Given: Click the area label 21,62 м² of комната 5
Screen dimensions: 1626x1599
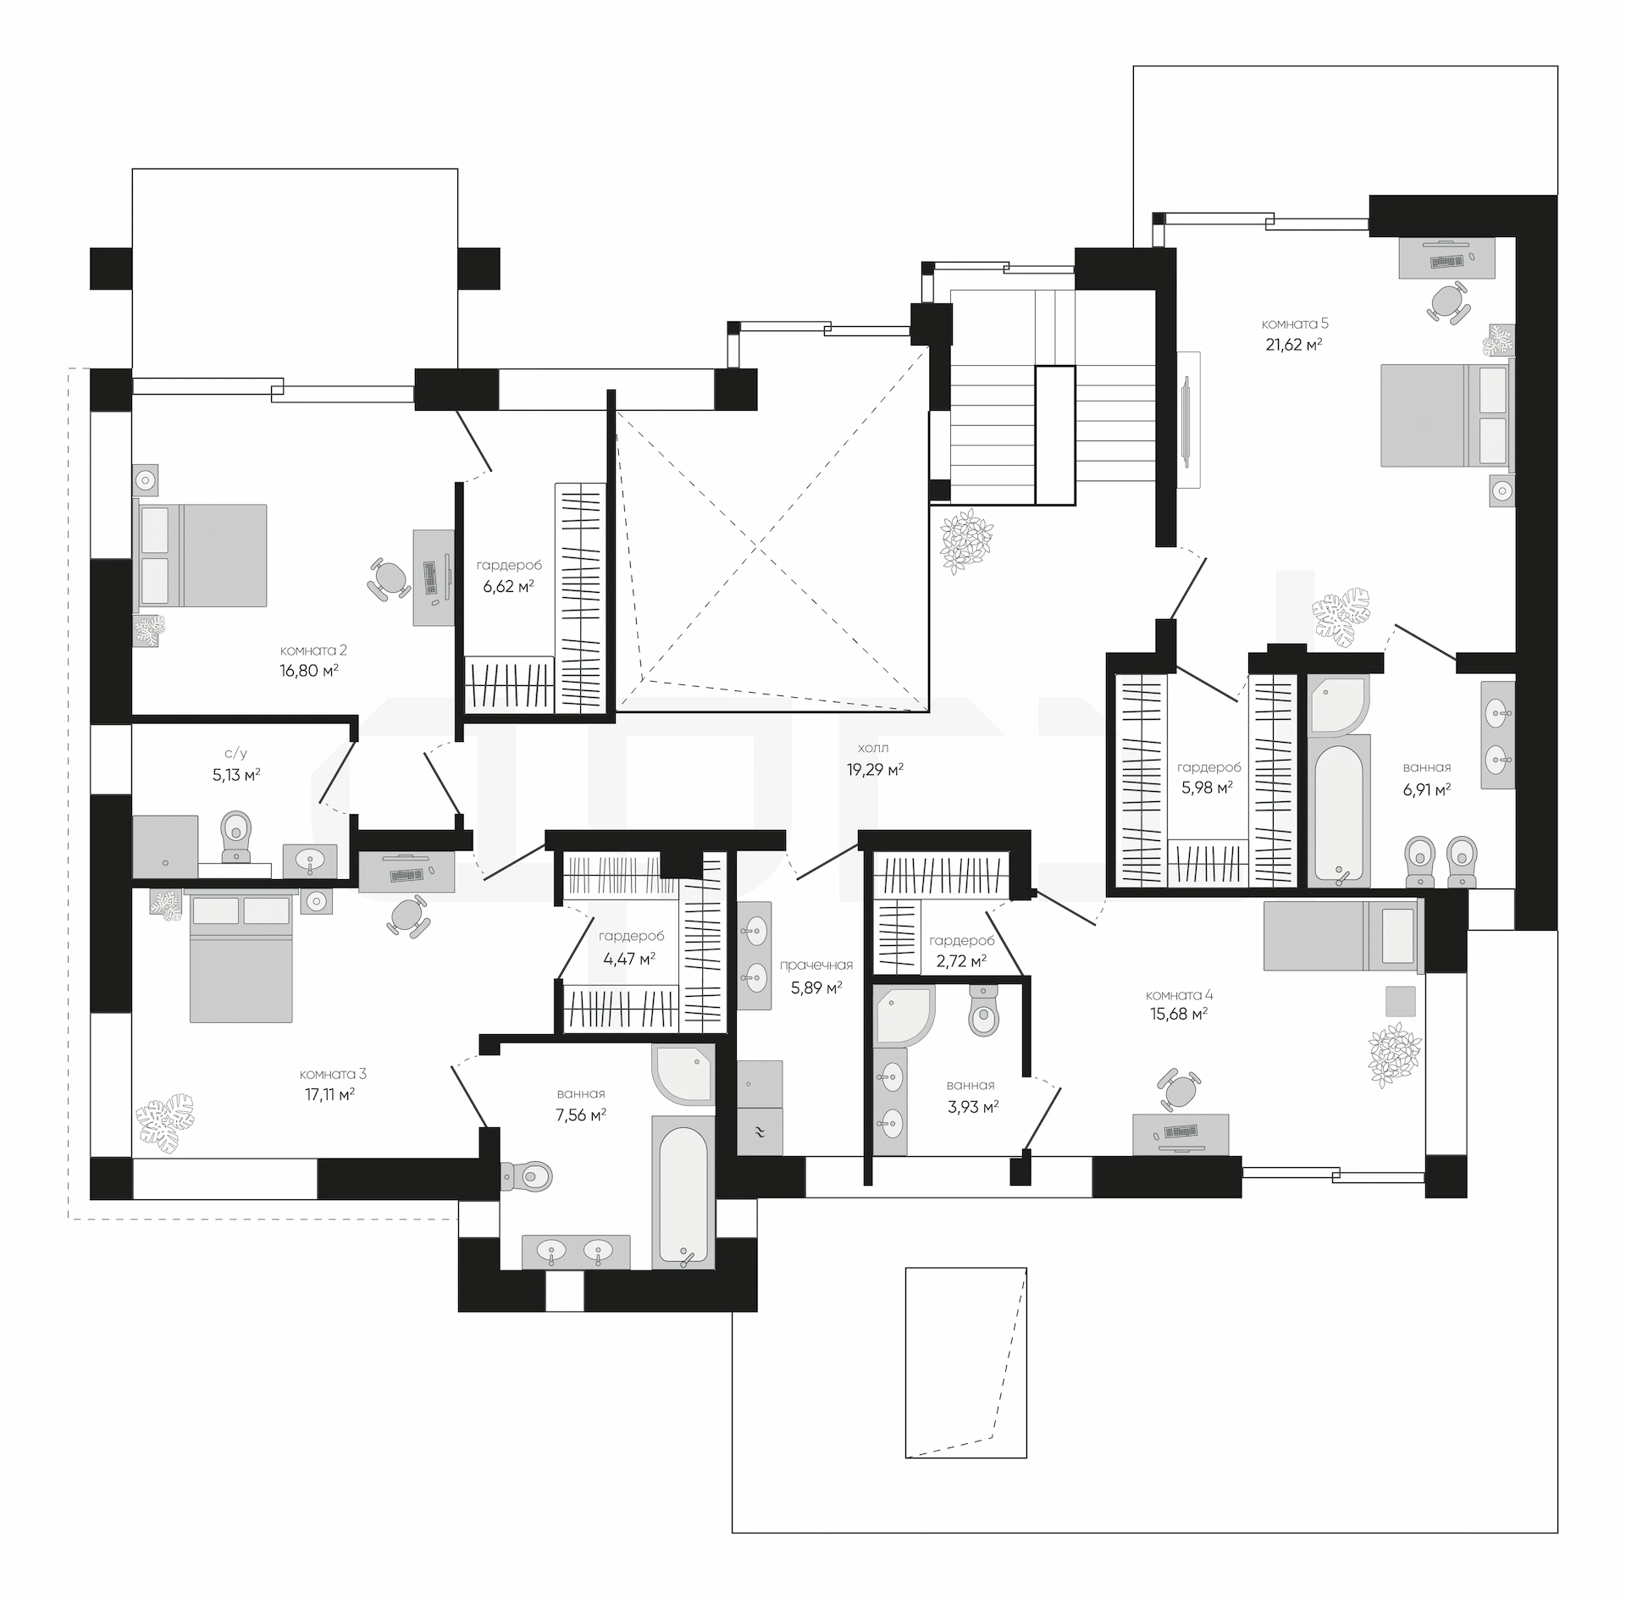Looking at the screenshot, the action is click(x=1294, y=345).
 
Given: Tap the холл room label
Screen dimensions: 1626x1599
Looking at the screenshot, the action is click(x=873, y=749).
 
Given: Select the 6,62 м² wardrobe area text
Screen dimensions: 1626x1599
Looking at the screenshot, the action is click(x=508, y=586).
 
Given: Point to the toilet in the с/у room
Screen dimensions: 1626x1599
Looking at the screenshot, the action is click(x=235, y=836).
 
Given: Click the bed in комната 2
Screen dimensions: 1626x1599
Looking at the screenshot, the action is click(x=201, y=556).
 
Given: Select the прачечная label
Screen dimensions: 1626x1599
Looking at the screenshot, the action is click(x=816, y=965).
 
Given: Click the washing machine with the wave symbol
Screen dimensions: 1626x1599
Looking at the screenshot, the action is click(x=760, y=1131).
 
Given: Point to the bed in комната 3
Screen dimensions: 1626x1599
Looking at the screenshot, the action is click(x=241, y=957).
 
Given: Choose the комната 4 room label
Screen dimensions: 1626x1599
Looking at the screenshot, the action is click(x=1178, y=995).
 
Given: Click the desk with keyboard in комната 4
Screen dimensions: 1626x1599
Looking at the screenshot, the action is click(x=1181, y=1134).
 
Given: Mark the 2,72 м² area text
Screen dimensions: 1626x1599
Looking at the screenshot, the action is click(x=961, y=960).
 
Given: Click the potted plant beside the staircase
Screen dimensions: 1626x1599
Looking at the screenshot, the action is click(x=966, y=542).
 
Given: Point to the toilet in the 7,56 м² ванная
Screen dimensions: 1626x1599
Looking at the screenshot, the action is click(x=527, y=1176).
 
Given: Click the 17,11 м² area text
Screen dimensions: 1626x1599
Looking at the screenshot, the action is click(x=329, y=1094).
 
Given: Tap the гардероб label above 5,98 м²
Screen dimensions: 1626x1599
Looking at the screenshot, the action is click(x=1208, y=767).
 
